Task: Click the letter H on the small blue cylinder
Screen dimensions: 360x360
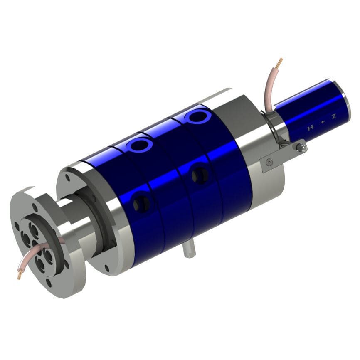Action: [x=309, y=128]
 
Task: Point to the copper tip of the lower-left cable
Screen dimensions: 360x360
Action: [x=20, y=276]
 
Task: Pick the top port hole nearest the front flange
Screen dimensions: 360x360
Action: [x=141, y=145]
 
